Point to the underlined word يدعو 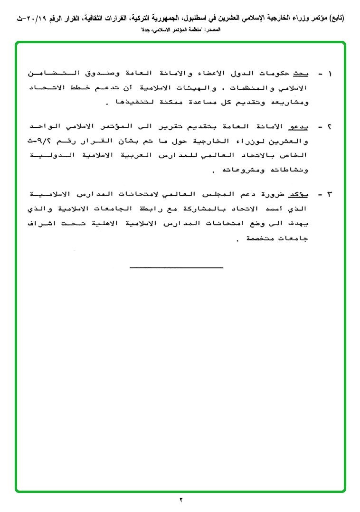pyautogui.click(x=298, y=127)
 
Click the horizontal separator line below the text pyautogui.click(x=176, y=268)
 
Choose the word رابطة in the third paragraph pyautogui.click(x=153, y=209)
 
